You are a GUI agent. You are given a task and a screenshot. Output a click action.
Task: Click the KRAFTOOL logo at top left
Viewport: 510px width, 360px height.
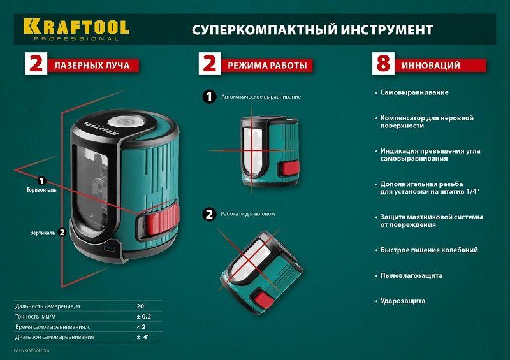click(x=76, y=29)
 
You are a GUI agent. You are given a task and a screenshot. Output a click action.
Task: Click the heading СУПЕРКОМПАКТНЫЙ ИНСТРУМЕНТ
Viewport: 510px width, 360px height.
click(x=312, y=30)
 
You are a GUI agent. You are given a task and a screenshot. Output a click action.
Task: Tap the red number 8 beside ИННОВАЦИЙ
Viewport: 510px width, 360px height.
click(x=383, y=64)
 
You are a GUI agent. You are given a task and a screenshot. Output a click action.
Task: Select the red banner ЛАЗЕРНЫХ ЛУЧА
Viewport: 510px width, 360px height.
click(x=93, y=66)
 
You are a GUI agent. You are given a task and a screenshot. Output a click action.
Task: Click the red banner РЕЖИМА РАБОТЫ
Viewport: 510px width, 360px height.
click(x=267, y=66)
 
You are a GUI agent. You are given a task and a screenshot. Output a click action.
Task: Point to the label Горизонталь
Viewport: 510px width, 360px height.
click(x=41, y=190)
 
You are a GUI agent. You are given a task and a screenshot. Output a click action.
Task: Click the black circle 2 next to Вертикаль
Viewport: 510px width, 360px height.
click(x=62, y=233)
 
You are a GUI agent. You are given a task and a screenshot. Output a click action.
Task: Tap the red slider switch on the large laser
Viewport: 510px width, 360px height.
click(x=163, y=218)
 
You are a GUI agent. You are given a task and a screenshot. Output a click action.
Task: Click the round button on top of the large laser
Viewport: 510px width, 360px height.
click(x=124, y=122)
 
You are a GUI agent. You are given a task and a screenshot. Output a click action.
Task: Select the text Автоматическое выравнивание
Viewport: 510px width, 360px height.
click(x=261, y=97)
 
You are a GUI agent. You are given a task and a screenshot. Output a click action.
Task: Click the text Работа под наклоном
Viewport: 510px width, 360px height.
click(x=248, y=214)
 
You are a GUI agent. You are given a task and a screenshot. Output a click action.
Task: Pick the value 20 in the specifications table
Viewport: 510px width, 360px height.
click(x=140, y=306)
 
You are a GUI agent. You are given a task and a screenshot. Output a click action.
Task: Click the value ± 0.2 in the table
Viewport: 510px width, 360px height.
click(x=144, y=317)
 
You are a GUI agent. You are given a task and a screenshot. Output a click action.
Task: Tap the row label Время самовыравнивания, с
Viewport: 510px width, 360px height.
click(x=53, y=326)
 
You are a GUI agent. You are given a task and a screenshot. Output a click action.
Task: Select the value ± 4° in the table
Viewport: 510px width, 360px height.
click(x=143, y=337)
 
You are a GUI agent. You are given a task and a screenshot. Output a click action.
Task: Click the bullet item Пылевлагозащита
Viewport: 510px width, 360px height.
click(x=411, y=275)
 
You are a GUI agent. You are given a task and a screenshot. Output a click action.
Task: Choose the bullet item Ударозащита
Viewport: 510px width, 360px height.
click(x=403, y=301)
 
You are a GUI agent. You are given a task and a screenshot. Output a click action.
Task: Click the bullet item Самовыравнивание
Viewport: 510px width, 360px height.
click(x=414, y=92)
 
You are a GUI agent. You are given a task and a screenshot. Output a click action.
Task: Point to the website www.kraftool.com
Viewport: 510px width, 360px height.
click(x=31, y=350)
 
